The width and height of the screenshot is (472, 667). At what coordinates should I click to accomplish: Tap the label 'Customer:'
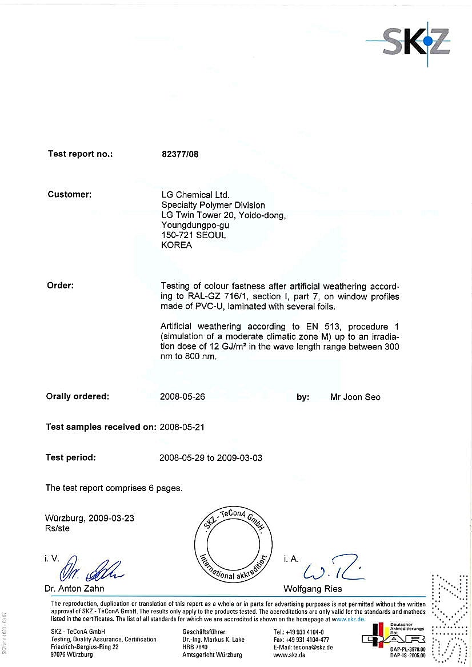pyautogui.click(x=69, y=194)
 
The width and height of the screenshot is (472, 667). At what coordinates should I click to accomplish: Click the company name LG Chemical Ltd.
pyautogui.click(x=195, y=195)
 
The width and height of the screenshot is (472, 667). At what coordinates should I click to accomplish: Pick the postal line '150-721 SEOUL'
pyautogui.click(x=194, y=235)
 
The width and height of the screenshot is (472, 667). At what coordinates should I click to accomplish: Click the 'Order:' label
pyautogui.click(x=60, y=285)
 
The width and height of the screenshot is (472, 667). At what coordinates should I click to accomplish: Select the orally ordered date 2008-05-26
pyautogui.click(x=183, y=397)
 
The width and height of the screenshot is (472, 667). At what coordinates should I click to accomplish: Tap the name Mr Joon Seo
pyautogui.click(x=355, y=397)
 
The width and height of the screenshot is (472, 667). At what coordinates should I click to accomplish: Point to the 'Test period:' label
pyautogui.click(x=71, y=457)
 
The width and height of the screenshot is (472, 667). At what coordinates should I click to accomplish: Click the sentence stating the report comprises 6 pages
pyautogui.click(x=114, y=488)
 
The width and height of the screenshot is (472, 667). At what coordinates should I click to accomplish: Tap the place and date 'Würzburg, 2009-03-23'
pyautogui.click(x=90, y=519)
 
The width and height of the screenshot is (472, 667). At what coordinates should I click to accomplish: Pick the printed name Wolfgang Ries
pyautogui.click(x=313, y=588)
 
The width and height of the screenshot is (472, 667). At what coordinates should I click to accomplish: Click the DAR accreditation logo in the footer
pyautogui.click(x=393, y=638)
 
